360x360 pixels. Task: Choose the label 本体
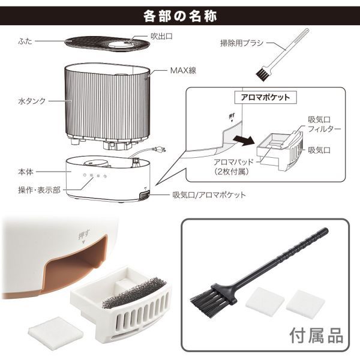[25, 172]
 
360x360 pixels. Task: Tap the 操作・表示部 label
[37, 190]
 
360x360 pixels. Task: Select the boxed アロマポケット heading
[265, 98]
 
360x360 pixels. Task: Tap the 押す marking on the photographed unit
[83, 232]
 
